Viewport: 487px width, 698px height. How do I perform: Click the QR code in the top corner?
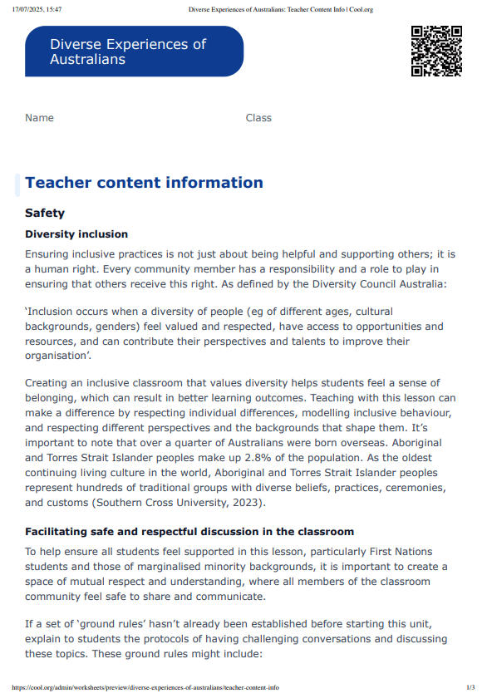[436, 52]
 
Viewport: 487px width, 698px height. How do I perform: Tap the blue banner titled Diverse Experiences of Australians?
[134, 52]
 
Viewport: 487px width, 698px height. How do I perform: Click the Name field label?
[39, 118]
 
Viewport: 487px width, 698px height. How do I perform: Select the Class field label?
[258, 118]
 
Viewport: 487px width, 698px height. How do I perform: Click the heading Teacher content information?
[144, 183]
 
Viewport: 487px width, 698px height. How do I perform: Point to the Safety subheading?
[45, 214]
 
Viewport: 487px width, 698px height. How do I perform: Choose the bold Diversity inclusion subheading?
[76, 234]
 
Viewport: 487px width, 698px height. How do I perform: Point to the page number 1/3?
[470, 688]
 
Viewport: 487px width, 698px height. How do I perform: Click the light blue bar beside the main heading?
[17, 184]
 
